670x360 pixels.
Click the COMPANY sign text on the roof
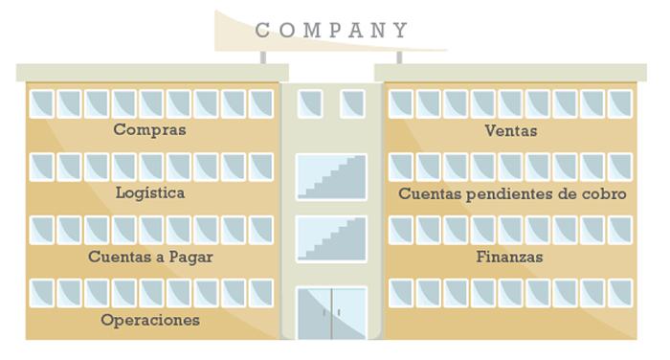pyautogui.click(x=331, y=31)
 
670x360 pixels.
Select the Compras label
pyautogui.click(x=149, y=129)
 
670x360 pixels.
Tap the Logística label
pyautogui.click(x=149, y=192)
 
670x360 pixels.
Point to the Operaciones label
pyautogui.click(x=150, y=320)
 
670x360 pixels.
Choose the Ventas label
pyautogui.click(x=511, y=130)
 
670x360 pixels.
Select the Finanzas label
pyautogui.click(x=509, y=257)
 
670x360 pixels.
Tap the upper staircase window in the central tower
pyautogui.click(x=331, y=176)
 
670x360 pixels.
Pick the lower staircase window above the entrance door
pyautogui.click(x=331, y=238)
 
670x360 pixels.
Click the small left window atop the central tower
pyautogui.click(x=310, y=103)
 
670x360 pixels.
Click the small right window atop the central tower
pyautogui.click(x=352, y=103)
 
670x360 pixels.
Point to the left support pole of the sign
pyautogui.click(x=263, y=56)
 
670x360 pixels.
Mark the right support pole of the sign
pyautogui.click(x=399, y=56)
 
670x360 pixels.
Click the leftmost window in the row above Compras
pyautogui.click(x=42, y=103)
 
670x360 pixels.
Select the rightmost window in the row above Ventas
pyautogui.click(x=620, y=103)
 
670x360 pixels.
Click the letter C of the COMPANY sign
pyautogui.click(x=262, y=31)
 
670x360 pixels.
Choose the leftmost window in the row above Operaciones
pyautogui.click(x=42, y=293)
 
